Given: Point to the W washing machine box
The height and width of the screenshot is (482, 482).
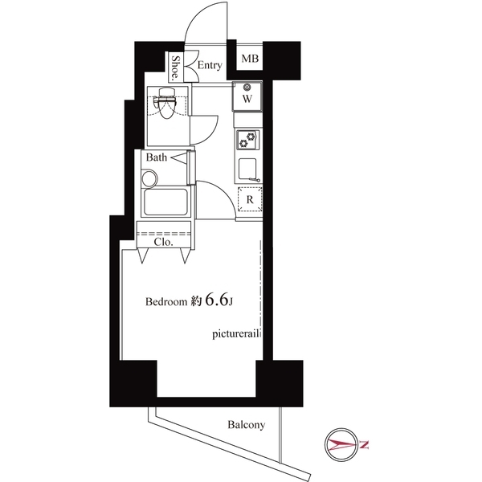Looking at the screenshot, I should [x=247, y=97].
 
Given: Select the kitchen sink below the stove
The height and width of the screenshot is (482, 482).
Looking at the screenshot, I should [x=249, y=168].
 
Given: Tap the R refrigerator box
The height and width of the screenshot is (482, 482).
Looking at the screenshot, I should [x=250, y=199].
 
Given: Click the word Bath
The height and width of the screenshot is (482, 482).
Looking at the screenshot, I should [x=157, y=157].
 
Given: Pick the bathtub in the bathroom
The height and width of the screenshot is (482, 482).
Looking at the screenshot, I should [x=165, y=200].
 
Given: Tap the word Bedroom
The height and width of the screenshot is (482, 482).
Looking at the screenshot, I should [x=165, y=303].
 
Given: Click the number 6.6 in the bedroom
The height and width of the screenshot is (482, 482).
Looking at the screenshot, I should [x=214, y=300].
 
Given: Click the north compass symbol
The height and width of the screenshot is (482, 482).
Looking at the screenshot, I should [x=345, y=443].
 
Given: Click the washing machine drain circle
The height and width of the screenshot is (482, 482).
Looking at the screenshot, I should [x=247, y=86].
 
